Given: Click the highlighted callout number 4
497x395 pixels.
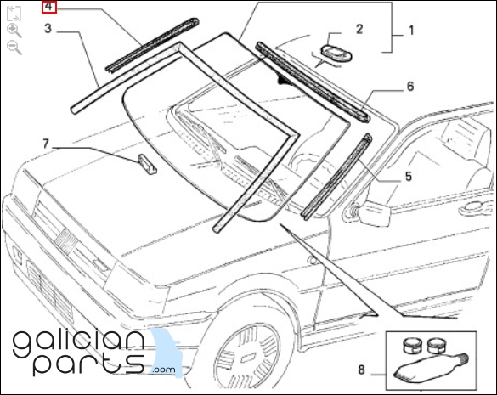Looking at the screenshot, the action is [x=49, y=7].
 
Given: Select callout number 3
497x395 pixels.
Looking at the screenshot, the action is [x=48, y=29].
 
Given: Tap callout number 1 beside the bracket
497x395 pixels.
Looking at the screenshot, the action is [x=411, y=31].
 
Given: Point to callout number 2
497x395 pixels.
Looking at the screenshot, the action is [x=359, y=29].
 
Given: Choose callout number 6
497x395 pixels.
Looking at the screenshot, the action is [x=410, y=87].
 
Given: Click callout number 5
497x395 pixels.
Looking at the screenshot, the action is [x=409, y=176].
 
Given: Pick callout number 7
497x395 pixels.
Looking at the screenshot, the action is [x=46, y=144].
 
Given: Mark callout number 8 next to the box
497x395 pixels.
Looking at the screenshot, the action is [x=361, y=370].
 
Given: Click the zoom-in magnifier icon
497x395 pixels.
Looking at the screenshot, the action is [x=14, y=31].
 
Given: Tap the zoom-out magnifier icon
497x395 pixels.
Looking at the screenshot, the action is [x=14, y=48].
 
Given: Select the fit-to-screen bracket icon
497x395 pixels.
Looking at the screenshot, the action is [x=14, y=13].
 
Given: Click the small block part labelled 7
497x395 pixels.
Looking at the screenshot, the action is [x=147, y=164].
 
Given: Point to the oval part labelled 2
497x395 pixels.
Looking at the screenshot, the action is [x=336, y=54].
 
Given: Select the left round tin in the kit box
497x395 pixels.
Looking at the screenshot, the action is [x=412, y=345].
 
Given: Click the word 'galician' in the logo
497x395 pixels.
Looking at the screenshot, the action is [x=79, y=343].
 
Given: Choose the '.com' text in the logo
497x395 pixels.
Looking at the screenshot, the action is [x=164, y=370].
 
